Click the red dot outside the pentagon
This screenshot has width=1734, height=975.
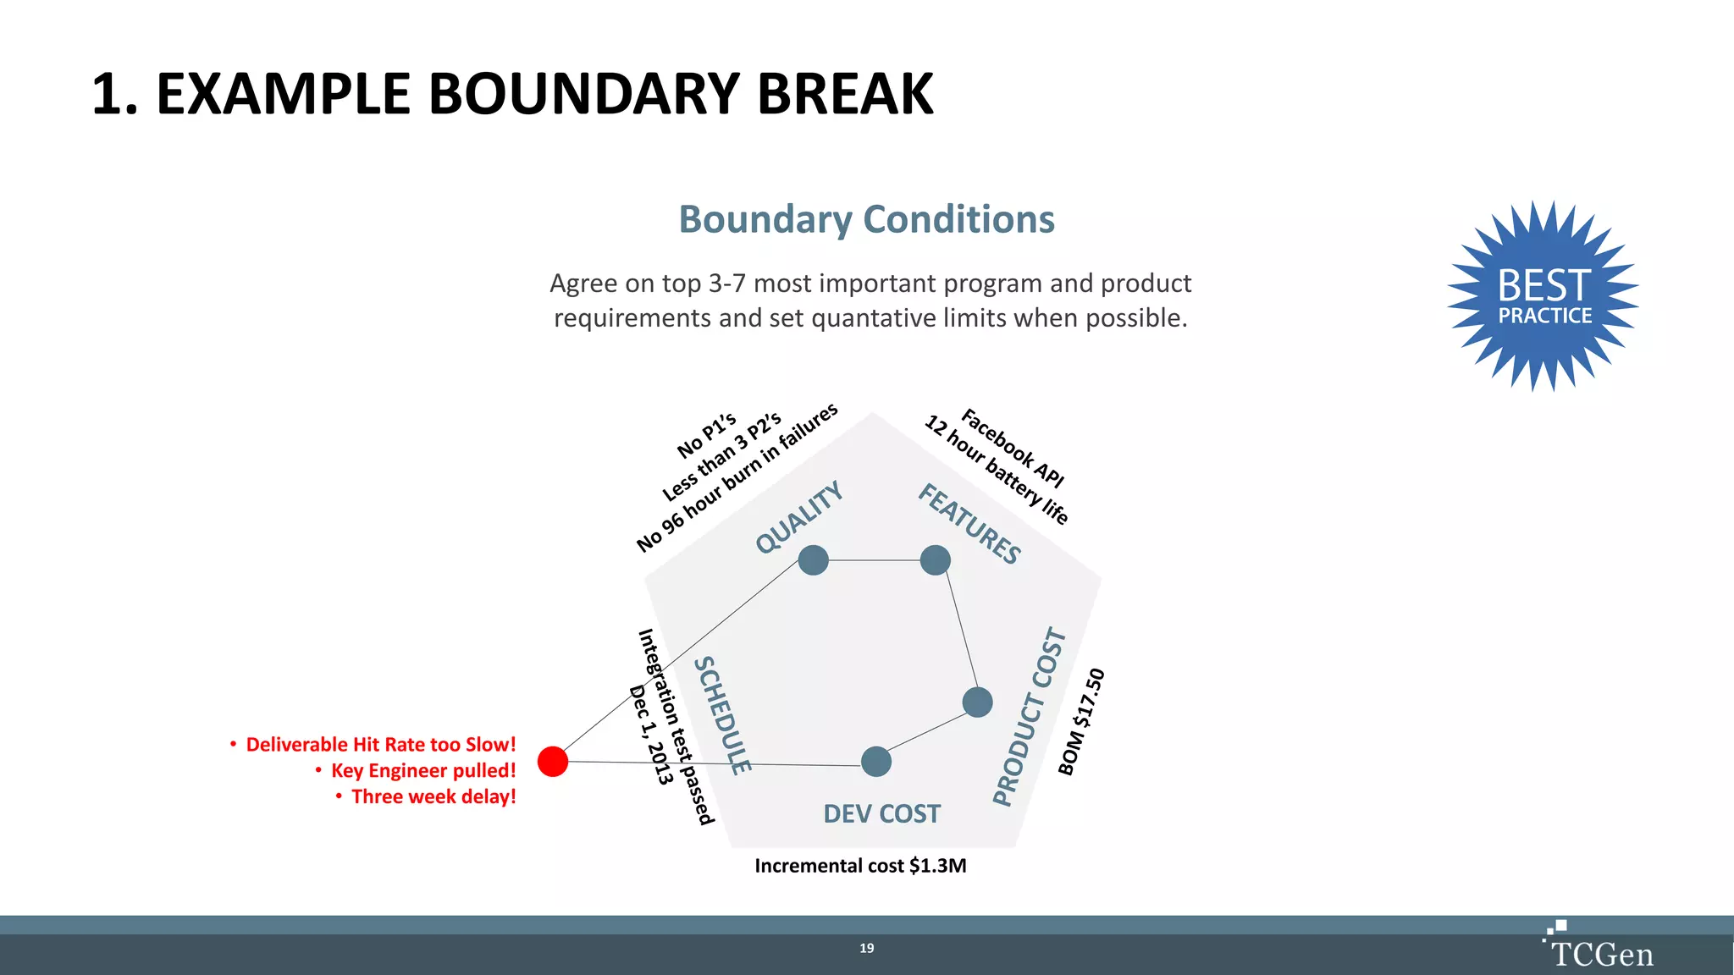pos(553,761)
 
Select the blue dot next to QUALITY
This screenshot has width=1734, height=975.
pos(813,559)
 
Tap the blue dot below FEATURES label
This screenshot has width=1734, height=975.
pos(935,559)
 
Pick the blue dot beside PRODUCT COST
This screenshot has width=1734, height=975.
pos(977,702)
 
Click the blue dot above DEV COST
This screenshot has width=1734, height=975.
pos(875,761)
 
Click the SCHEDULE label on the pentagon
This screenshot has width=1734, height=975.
pos(722,715)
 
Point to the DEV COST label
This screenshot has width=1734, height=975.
pos(881,813)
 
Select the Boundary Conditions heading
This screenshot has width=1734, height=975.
pos(866,219)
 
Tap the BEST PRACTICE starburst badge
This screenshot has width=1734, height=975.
pos(1544,295)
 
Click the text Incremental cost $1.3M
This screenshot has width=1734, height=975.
pos(860,865)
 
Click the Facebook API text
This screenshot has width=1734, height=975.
pos(1013,448)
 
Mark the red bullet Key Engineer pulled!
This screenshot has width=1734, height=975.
pos(422,770)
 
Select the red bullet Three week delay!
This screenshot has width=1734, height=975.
pos(433,796)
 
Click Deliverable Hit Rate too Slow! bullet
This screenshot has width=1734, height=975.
pos(380,744)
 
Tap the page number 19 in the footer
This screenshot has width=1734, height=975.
pos(866,948)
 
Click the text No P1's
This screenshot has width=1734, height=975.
pos(706,435)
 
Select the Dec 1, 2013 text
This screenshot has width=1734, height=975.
pos(650,735)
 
